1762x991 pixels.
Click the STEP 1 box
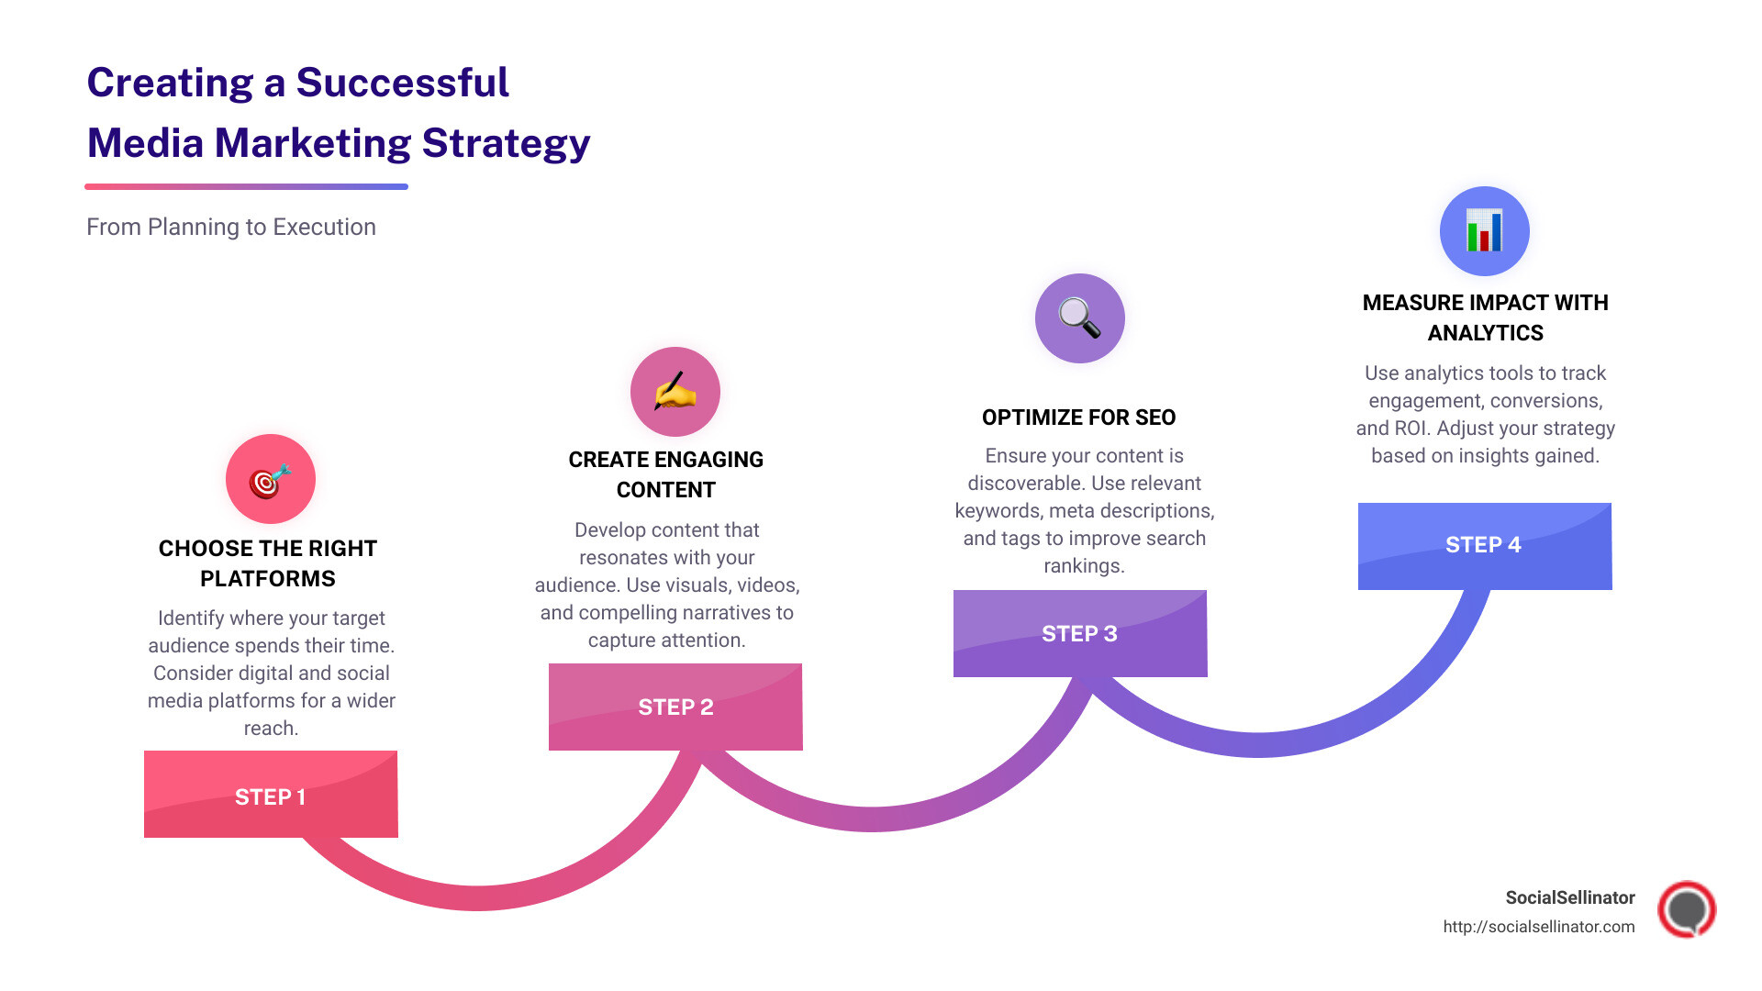pos(271,795)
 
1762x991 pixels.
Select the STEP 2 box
pos(675,707)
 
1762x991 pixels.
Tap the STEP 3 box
pos(1080,633)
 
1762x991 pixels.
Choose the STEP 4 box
pos(1484,545)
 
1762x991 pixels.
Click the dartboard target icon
pos(270,479)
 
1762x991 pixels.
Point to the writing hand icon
pos(675,392)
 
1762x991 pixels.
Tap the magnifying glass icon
pos(1079,318)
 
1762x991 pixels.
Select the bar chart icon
pos(1484,231)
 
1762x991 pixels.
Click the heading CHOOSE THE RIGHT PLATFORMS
pos(268,562)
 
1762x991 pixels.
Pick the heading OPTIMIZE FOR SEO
pos(1078,418)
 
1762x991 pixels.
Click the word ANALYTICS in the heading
pos(1485,333)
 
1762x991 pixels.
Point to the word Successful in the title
pos(402,83)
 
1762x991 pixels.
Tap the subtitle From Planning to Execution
pos(231,227)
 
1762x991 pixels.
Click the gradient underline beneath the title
pos(246,186)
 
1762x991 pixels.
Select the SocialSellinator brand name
pos(1569,897)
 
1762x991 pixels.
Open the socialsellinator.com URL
pos(1538,927)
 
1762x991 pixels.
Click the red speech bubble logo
pos(1686,909)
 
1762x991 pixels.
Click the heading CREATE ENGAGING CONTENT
pos(665,474)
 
